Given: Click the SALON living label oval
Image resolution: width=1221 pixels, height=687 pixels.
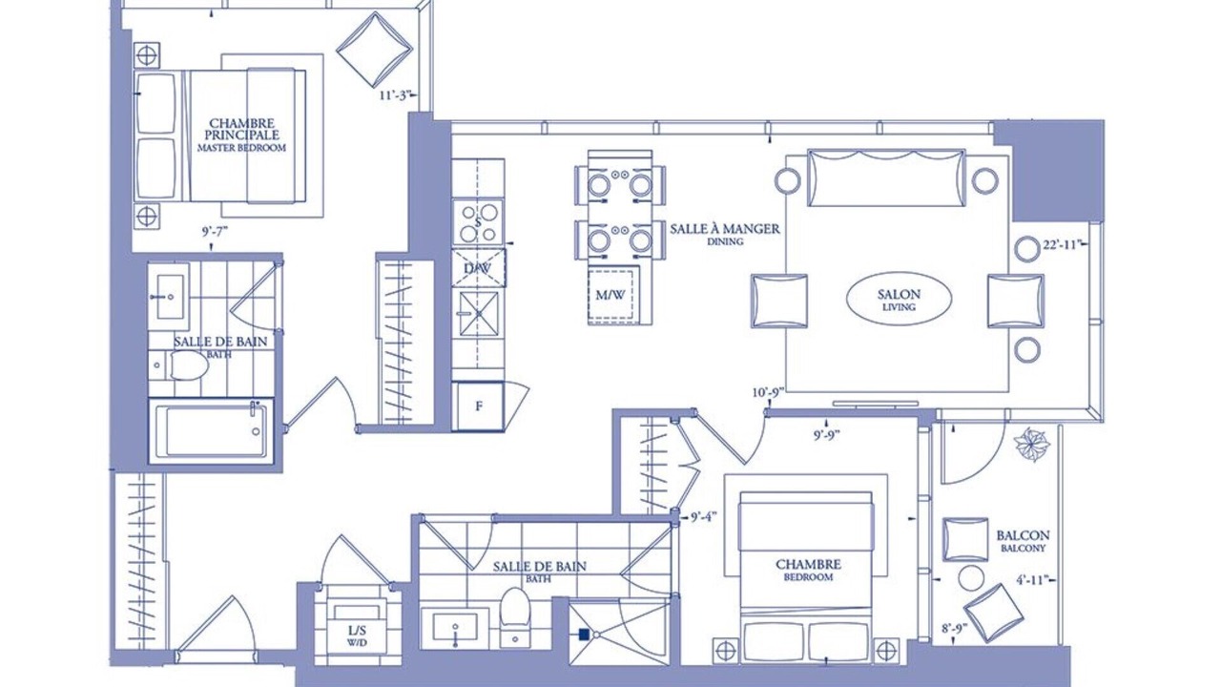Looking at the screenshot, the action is coord(899,300).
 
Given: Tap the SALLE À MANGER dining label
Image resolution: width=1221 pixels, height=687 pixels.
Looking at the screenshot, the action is coord(725,234).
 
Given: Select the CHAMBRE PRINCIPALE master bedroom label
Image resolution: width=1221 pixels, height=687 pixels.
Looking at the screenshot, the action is coord(241,135).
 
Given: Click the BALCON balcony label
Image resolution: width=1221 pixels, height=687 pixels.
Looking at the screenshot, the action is coord(1023,541).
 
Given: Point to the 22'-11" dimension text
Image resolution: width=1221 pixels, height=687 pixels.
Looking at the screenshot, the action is coord(1062,245).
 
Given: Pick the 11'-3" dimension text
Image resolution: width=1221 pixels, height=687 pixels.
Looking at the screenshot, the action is coord(395,95).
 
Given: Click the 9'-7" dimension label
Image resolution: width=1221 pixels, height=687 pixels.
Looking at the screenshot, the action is coord(215,231).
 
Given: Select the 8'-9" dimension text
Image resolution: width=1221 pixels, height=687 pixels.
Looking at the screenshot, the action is coord(953,628).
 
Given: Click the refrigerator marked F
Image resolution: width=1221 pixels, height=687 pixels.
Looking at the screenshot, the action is coord(478,406).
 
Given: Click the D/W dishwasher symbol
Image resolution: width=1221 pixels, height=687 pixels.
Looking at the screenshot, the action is coord(478,268).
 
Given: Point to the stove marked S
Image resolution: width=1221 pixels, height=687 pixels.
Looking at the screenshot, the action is coord(479,222).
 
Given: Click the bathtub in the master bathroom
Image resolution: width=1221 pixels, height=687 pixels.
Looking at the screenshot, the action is coord(211,430).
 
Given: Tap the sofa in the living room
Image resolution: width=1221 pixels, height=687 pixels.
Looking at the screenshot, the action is coord(886,177).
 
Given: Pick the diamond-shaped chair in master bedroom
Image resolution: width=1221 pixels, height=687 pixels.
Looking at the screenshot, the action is coord(374,50).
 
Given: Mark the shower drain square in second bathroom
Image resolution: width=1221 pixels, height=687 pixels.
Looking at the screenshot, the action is coord(583,635).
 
